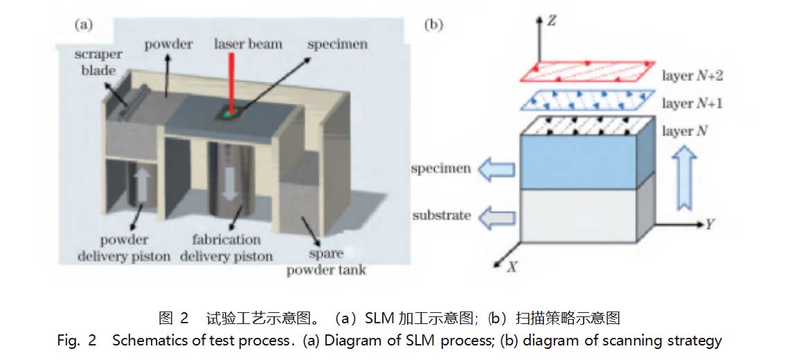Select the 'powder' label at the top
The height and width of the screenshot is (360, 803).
(x=168, y=44)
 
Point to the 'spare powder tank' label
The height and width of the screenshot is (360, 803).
(x=326, y=262)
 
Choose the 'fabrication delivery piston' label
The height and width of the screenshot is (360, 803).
(x=226, y=248)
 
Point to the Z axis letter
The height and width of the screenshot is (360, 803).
(x=552, y=21)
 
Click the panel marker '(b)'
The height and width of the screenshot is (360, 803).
(x=433, y=25)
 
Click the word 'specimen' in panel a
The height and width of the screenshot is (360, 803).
(x=337, y=44)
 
